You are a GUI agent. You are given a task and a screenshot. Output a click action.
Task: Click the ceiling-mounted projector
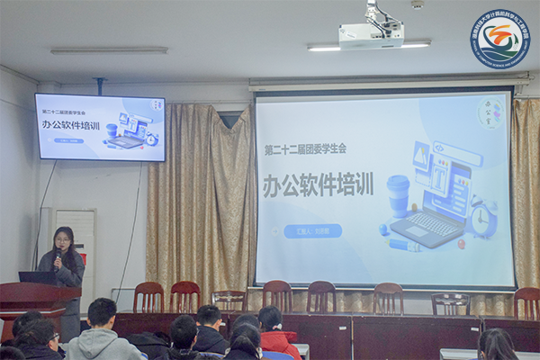[x=371, y=34]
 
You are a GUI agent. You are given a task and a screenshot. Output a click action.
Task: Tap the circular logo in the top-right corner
[x=499, y=39]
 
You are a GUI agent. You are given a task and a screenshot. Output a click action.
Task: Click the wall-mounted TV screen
[x=100, y=127]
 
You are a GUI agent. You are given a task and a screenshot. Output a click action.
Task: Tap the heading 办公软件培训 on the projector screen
[x=317, y=184]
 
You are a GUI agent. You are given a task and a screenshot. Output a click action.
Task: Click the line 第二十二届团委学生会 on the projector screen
[x=304, y=148]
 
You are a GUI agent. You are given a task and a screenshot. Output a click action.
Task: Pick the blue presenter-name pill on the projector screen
[x=312, y=230]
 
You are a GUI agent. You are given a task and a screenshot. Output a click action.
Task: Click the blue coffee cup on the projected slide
[x=398, y=193]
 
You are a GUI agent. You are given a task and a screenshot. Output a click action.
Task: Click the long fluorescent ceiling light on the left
[x=109, y=50]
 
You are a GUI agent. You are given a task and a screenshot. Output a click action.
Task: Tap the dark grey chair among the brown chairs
[x=450, y=303]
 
